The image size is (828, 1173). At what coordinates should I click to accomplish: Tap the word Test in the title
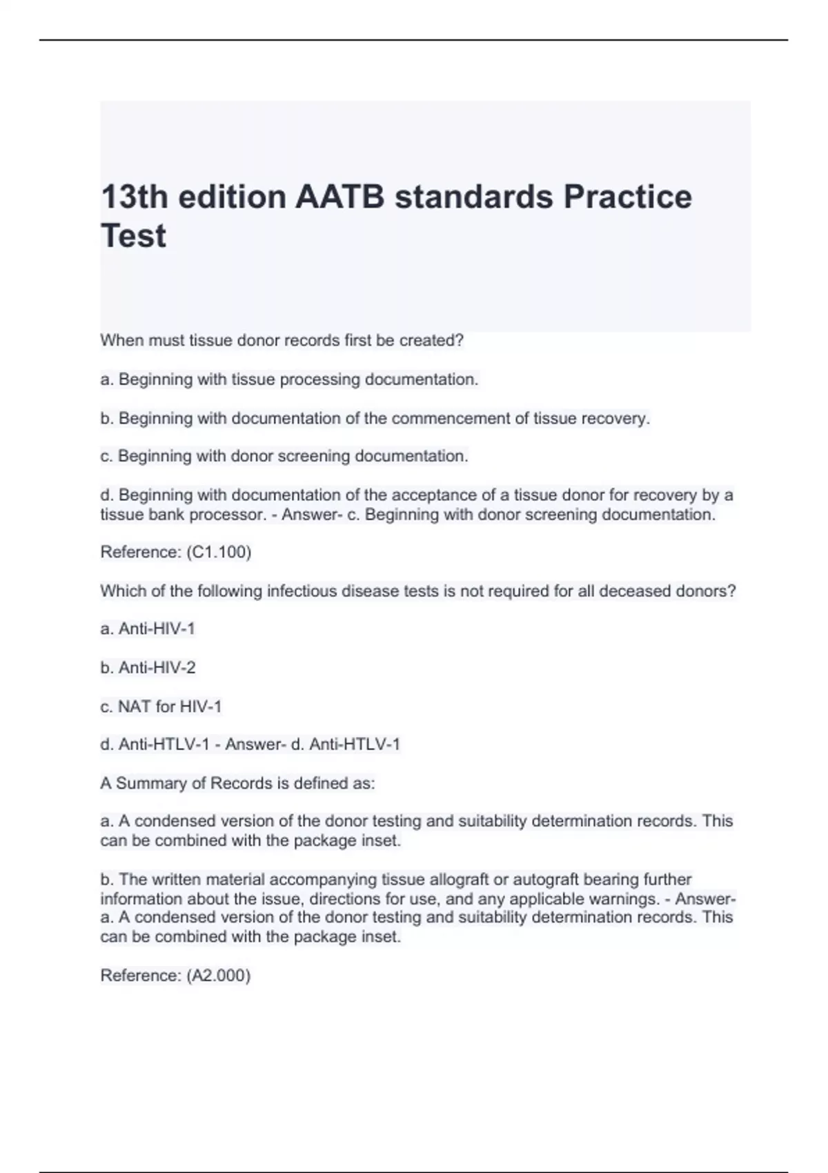(133, 236)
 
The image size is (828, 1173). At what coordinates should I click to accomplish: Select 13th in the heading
(135, 197)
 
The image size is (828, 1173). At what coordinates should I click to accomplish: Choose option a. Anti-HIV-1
(148, 629)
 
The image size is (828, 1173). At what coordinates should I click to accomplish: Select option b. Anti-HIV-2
(148, 667)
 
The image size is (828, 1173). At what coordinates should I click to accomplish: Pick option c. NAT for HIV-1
(161, 707)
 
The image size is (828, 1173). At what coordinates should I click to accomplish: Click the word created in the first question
(435, 340)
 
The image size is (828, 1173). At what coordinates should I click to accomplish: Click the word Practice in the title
(627, 197)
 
